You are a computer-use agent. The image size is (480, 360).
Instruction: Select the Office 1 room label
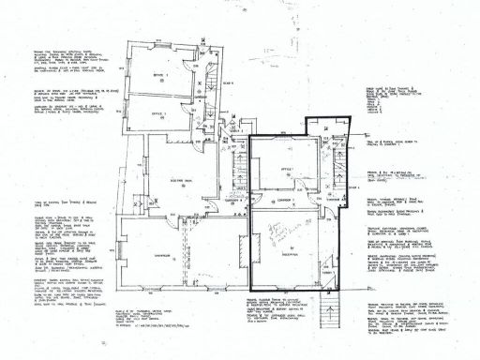coord(287,169)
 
